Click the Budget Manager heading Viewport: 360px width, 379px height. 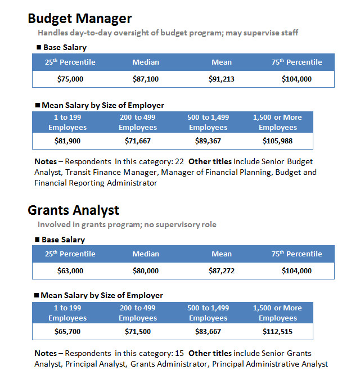(x=80, y=19)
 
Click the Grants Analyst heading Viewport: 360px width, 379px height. (x=74, y=210)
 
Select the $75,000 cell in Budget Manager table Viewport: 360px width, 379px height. (x=70, y=79)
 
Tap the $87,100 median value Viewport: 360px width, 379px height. (x=146, y=79)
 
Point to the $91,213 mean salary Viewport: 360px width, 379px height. (x=222, y=79)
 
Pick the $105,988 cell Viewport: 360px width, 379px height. (x=277, y=141)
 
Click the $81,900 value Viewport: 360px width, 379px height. (x=67, y=141)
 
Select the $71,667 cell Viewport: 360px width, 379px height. (x=138, y=141)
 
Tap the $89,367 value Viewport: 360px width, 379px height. (x=208, y=141)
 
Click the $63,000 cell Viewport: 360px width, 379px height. (x=70, y=270)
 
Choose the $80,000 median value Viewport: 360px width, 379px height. (x=146, y=270)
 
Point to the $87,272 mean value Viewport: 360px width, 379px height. (x=222, y=270)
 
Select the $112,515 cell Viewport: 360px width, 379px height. (x=277, y=331)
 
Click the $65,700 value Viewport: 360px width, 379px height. (x=67, y=331)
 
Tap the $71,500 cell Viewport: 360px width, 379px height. (x=138, y=331)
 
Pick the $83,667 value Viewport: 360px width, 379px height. (x=208, y=331)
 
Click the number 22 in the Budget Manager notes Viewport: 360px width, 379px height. (x=179, y=161)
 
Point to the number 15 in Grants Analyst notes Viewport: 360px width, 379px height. (x=179, y=353)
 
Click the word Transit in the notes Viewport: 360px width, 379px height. (x=78, y=172)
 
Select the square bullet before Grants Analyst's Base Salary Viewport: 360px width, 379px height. (x=37, y=240)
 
